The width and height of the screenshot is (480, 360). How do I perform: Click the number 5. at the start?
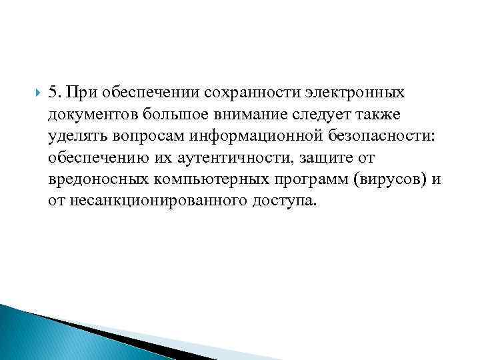[x=56, y=89]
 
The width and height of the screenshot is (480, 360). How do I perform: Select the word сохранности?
[x=247, y=89]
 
